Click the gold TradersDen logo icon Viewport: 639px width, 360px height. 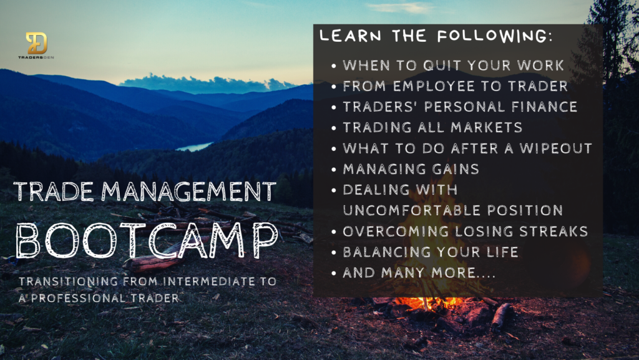point(37,43)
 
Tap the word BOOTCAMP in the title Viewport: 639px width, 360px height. point(146,240)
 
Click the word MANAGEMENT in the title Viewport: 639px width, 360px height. point(188,192)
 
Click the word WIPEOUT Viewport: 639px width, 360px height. point(555,148)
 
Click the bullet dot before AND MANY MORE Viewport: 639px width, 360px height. point(334,273)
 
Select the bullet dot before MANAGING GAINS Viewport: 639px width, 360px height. point(334,170)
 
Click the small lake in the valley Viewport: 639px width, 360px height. point(195,147)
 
